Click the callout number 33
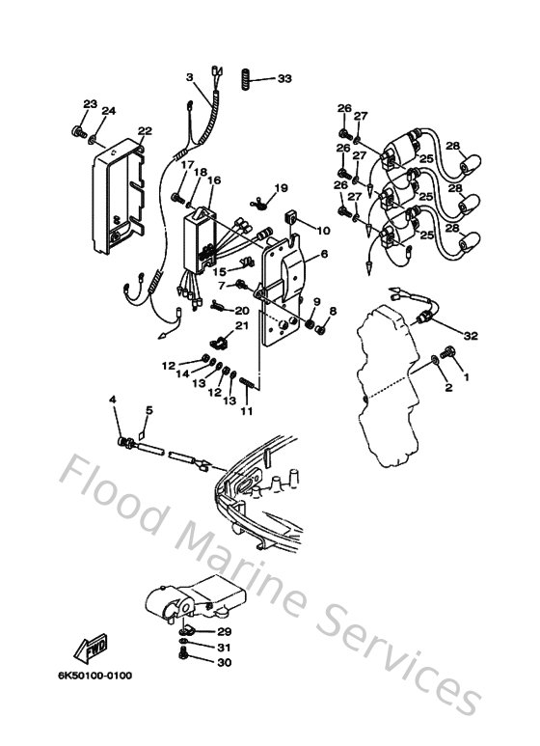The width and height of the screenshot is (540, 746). (283, 77)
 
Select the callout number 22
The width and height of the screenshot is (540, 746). (145, 131)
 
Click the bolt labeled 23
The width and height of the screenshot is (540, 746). (78, 128)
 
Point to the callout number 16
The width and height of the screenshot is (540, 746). (213, 180)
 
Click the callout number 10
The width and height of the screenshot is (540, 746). (323, 231)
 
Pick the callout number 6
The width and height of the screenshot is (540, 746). (324, 254)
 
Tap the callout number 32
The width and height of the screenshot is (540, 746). (471, 336)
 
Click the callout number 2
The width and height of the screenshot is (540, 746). (447, 387)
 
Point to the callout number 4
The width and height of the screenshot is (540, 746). (113, 400)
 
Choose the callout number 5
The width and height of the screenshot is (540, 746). (148, 409)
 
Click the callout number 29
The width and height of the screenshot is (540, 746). (224, 631)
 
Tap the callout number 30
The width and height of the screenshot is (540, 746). (224, 662)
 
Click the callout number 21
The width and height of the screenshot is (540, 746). (241, 326)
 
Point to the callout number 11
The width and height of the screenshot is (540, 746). (247, 412)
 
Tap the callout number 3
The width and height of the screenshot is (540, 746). (190, 77)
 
